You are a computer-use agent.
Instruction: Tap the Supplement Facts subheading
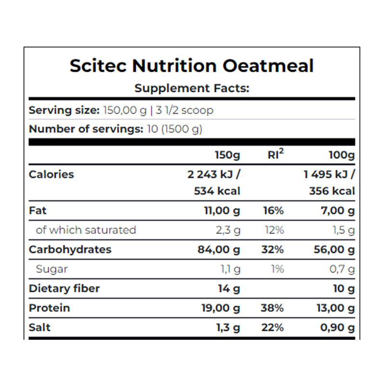(192, 88)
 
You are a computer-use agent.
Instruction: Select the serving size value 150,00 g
(125, 110)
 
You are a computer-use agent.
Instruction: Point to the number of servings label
(86, 129)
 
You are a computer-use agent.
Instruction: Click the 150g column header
(227, 155)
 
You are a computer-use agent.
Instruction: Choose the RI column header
(275, 155)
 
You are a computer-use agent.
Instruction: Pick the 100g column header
(342, 155)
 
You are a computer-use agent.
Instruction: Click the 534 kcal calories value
(217, 191)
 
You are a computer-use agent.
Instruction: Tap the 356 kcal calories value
(332, 191)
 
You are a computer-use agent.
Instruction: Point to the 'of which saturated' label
(86, 230)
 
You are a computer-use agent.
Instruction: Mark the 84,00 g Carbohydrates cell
(220, 249)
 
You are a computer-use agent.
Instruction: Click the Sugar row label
(51, 269)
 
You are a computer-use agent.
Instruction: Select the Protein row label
(49, 308)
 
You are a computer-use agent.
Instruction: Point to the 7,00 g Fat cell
(335, 210)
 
